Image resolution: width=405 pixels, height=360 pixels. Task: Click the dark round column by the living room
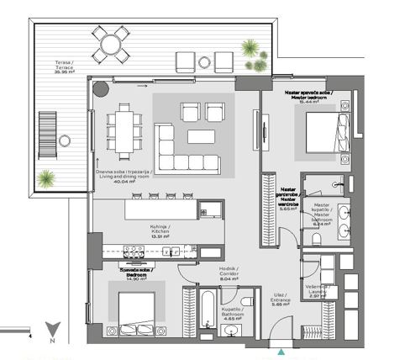[102, 89]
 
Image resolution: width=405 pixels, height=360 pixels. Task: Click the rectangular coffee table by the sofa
[201, 135]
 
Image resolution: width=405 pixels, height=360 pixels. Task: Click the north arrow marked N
[52, 333]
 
